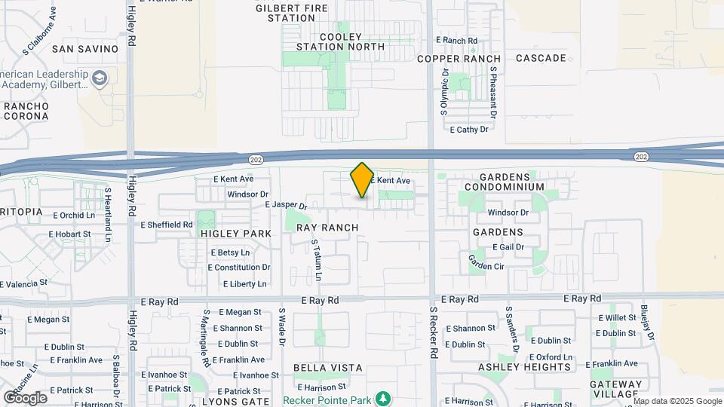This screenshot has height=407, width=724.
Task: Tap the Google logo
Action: click(25, 397)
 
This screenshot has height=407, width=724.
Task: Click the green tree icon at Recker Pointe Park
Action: click(384, 398)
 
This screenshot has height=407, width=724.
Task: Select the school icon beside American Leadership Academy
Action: click(99, 78)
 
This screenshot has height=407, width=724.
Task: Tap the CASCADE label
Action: click(541, 58)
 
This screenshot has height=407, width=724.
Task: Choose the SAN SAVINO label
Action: click(85, 49)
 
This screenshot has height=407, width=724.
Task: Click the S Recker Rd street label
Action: click(434, 332)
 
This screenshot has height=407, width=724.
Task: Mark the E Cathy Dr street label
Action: click(469, 130)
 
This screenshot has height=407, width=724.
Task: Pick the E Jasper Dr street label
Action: click(287, 205)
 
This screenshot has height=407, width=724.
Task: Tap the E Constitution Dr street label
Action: click(239, 268)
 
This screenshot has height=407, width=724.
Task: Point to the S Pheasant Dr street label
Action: click(493, 93)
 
